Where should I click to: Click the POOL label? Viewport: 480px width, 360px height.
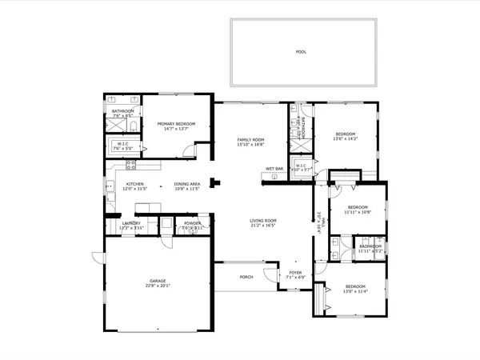tap(301, 52)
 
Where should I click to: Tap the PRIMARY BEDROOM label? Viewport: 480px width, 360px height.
tap(176, 124)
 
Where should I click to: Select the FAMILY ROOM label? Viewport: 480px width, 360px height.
tap(250, 140)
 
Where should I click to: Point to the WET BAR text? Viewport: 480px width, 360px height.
tap(274, 169)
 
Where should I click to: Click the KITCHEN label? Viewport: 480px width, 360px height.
tap(134, 185)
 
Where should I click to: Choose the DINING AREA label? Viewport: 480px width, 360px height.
tap(186, 185)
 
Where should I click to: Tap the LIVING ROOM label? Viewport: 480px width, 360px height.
tap(263, 221)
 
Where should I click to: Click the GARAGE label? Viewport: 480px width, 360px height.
tap(157, 281)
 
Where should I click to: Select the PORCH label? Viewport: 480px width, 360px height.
tap(246, 277)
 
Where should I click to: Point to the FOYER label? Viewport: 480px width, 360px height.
tap(295, 272)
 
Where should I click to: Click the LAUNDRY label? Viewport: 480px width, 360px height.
tap(131, 223)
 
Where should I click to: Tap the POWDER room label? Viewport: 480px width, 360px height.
tap(192, 223)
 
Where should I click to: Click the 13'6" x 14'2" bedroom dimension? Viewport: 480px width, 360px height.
tap(346, 139)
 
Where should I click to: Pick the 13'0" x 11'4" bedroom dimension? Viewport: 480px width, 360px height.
tap(355, 291)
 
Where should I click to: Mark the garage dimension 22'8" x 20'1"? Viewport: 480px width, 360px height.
tap(157, 286)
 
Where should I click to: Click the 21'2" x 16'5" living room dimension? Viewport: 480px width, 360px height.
tap(263, 226)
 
